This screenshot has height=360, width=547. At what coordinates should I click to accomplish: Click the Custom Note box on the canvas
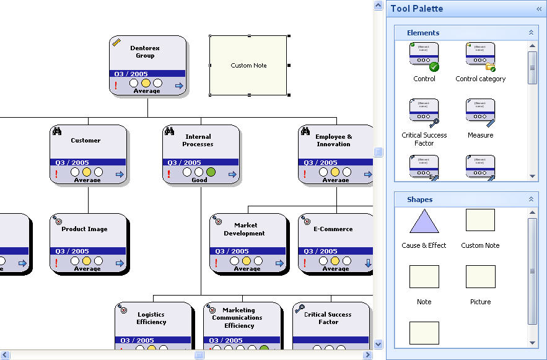(x=248, y=65)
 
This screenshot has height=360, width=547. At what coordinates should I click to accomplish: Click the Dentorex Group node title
(x=145, y=51)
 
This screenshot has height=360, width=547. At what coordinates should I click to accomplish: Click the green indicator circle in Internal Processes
(x=211, y=172)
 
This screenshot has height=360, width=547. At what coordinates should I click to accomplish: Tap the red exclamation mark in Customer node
(x=56, y=175)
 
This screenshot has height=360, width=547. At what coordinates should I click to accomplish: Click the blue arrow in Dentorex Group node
(x=179, y=86)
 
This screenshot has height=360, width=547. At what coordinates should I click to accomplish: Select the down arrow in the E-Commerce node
(x=368, y=263)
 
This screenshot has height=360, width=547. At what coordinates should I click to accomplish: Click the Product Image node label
(x=84, y=229)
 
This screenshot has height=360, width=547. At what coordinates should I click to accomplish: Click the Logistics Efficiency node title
(x=151, y=318)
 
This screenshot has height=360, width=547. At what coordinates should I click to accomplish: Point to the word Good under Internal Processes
(x=199, y=180)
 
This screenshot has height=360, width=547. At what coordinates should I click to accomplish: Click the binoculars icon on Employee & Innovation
(x=305, y=131)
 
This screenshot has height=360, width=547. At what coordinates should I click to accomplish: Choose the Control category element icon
(x=480, y=56)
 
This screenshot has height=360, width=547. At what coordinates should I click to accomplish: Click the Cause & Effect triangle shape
(x=424, y=221)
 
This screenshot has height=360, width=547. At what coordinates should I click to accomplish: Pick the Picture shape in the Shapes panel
(x=480, y=277)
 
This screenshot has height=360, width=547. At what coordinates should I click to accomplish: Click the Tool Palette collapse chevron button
(x=538, y=9)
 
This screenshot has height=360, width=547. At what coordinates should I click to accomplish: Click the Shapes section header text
(x=420, y=200)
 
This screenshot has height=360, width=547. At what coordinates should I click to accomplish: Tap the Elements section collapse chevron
(x=531, y=33)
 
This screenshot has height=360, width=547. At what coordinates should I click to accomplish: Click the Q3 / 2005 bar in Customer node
(x=87, y=162)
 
